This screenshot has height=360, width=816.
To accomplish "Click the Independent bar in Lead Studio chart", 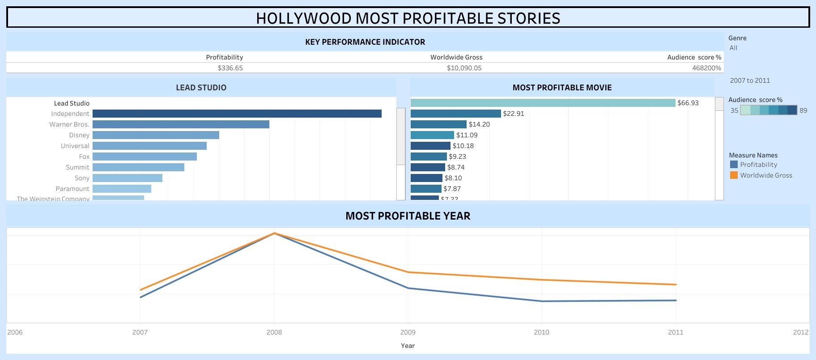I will pyautogui.click(x=237, y=114).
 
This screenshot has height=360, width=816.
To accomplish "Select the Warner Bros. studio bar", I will pyautogui.click(x=181, y=124).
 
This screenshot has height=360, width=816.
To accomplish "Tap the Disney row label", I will pyautogui.click(x=79, y=135).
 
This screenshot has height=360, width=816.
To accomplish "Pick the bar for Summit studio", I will pyautogui.click(x=138, y=167).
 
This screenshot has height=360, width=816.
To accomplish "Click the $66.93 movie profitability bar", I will pyautogui.click(x=543, y=103).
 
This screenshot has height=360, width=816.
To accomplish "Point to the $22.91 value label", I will pyautogui.click(x=513, y=114).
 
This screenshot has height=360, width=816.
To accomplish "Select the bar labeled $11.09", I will pyautogui.click(x=432, y=135).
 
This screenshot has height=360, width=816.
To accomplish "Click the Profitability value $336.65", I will pyautogui.click(x=230, y=68).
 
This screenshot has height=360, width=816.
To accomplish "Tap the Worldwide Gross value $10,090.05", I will pyautogui.click(x=464, y=68).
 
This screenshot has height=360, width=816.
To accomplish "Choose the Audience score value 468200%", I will pyautogui.click(x=706, y=68).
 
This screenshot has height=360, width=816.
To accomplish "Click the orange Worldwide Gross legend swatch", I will pyautogui.click(x=734, y=175).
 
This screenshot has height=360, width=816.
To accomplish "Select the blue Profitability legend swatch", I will pyautogui.click(x=734, y=165).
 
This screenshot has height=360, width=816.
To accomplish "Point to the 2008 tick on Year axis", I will pyautogui.click(x=274, y=332).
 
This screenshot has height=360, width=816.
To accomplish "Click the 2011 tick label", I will pyautogui.click(x=676, y=332).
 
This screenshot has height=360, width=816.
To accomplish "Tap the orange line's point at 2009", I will pyautogui.click(x=408, y=272).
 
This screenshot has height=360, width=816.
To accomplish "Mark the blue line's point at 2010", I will pyautogui.click(x=542, y=301).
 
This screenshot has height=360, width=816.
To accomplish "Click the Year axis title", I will pyautogui.click(x=408, y=346).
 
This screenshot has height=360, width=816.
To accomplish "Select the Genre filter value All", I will pyautogui.click(x=733, y=48).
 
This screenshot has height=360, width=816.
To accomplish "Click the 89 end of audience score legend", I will pyautogui.click(x=803, y=110).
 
